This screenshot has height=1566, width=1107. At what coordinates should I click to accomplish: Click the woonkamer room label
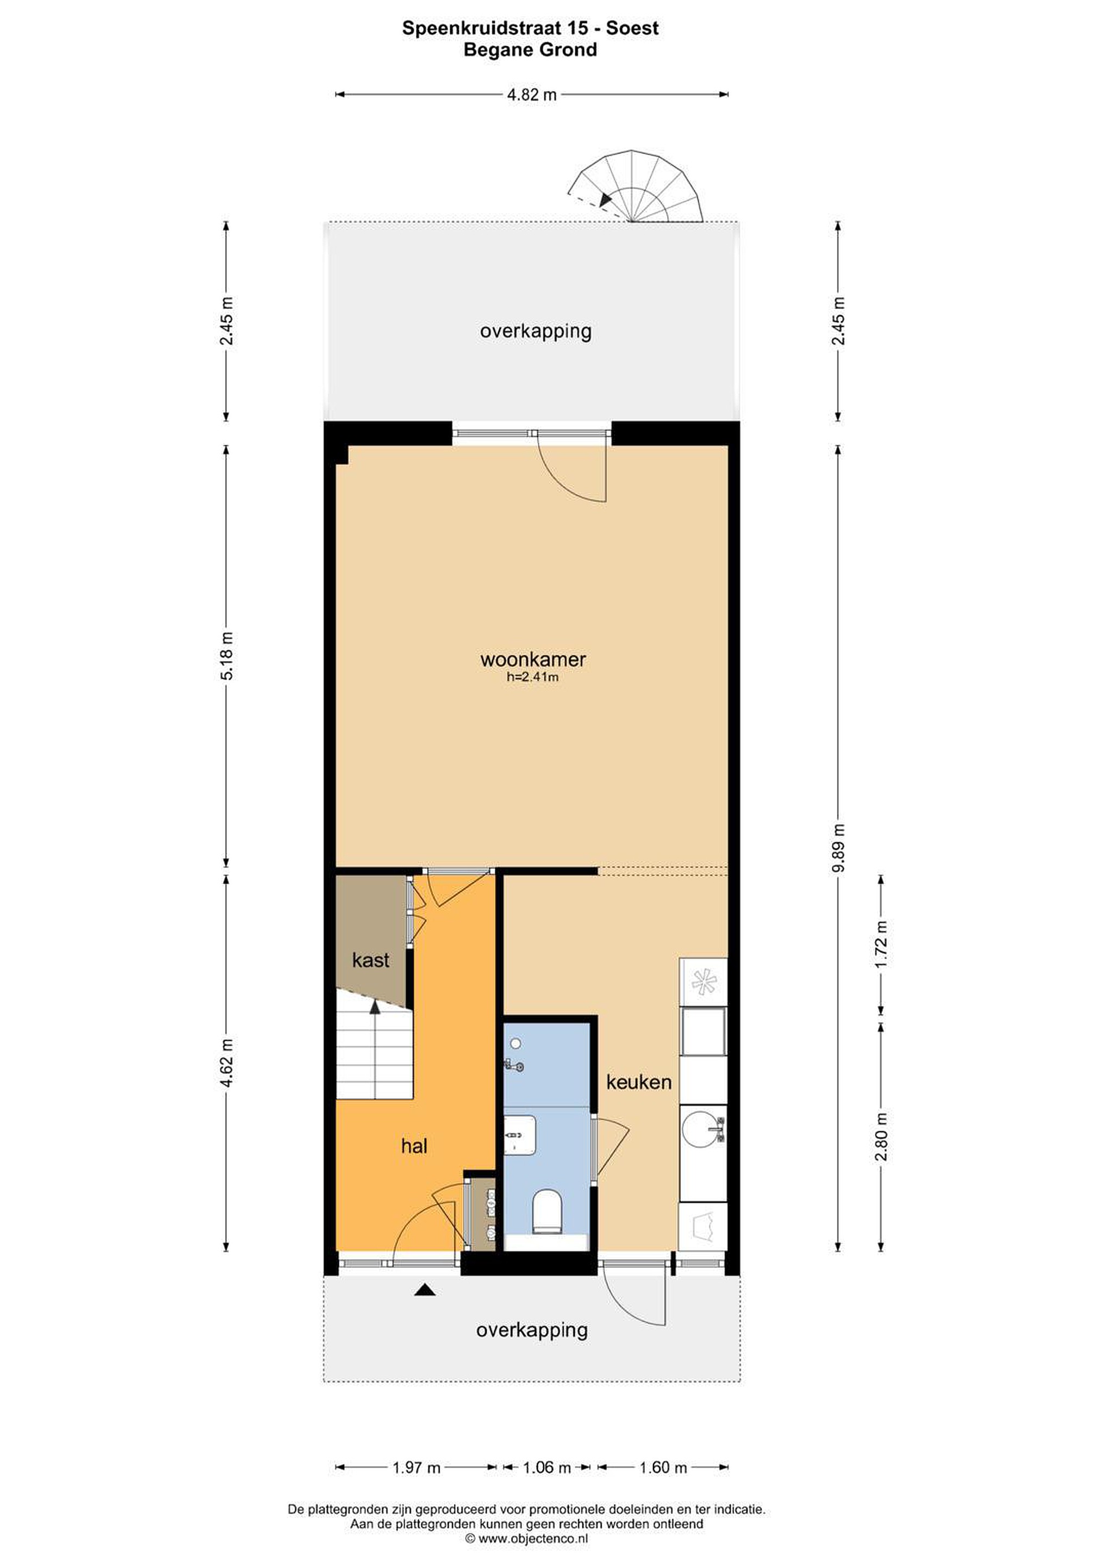pos(533,660)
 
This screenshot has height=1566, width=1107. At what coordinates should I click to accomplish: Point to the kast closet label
pos(370,960)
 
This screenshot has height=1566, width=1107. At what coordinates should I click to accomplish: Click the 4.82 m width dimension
pos(532,95)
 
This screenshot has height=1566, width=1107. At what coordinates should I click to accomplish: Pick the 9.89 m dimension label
pos(838,848)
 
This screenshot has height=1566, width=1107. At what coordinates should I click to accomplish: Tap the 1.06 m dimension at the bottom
pos(546,1467)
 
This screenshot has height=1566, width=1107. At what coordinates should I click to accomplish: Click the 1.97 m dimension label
pos(416,1467)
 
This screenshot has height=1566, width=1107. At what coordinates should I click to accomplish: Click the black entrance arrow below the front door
pos(425,1290)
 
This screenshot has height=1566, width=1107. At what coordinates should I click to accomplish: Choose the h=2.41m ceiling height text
pos(533,678)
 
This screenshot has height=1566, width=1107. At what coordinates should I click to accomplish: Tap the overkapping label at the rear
pos(536,332)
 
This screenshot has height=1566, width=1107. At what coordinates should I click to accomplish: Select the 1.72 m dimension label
pos(881,944)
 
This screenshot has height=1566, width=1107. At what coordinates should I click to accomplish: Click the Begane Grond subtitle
pos(530,50)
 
